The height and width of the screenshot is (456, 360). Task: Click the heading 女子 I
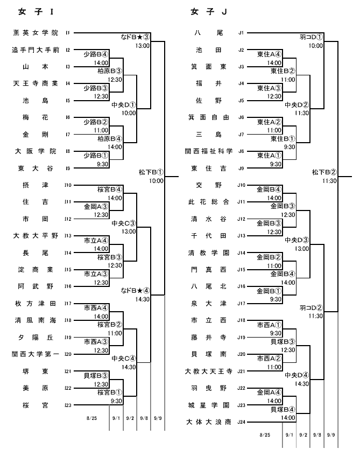(36, 12)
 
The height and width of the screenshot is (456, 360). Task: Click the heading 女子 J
(209, 12)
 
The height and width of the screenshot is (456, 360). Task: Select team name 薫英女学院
(36, 33)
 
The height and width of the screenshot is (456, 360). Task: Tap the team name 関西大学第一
(36, 354)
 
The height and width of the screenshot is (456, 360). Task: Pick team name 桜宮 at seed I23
(36, 405)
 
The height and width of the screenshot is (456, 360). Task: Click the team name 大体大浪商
(209, 422)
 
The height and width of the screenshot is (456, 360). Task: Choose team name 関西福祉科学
(209, 151)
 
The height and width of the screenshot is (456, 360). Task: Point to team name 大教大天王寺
(209, 371)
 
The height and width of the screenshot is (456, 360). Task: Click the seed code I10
(68, 185)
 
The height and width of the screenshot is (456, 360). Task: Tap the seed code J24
(241, 422)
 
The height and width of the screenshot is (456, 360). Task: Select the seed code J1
(241, 33)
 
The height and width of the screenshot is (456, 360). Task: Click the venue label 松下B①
(151, 172)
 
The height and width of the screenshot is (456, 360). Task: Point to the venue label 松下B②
(324, 172)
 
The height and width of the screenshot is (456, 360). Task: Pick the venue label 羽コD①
(311, 37)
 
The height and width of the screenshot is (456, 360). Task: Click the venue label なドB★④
(135, 291)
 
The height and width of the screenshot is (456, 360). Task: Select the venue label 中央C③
(124, 223)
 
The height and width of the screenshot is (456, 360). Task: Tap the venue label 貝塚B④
(283, 410)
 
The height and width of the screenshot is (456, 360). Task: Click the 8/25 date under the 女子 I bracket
(91, 418)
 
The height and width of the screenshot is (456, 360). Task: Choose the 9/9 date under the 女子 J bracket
(331, 435)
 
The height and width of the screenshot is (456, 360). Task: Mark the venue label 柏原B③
(110, 71)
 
